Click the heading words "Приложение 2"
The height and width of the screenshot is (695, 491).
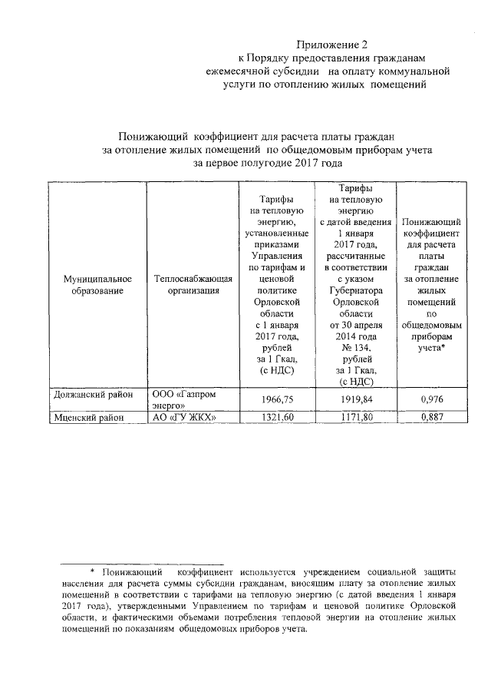coord(328,45)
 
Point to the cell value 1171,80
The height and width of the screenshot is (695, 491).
coord(355,418)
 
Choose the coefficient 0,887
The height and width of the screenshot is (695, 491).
coord(432,418)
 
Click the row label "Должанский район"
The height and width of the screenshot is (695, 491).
coord(90,394)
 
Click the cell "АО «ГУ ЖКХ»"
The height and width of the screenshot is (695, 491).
coord(183,418)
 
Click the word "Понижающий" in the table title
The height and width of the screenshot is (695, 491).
coord(150,135)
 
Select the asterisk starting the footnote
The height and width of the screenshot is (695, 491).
coord(93,572)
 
